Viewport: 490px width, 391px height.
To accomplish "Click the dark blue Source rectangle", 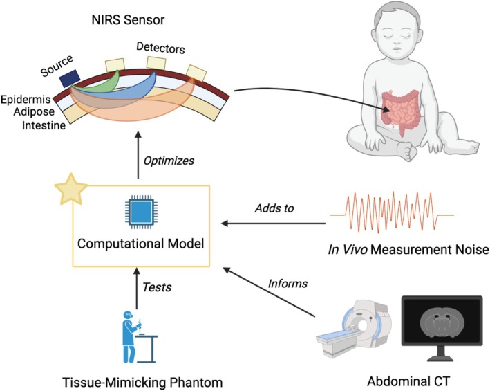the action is (x=70, y=78).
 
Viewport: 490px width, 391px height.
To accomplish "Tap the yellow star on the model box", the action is (x=71, y=190).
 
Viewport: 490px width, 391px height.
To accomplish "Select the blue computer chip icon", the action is (x=141, y=212).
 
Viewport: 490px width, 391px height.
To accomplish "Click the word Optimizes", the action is (x=169, y=161).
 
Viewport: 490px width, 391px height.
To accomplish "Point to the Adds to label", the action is (x=274, y=208).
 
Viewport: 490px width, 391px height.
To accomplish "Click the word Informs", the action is (x=288, y=284).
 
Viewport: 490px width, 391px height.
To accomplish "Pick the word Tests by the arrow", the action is (x=157, y=287).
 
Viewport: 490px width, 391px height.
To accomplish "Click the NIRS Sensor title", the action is (x=128, y=20).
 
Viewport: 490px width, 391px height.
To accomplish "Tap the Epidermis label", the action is (x=26, y=100).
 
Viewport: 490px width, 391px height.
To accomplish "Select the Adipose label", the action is (x=34, y=111).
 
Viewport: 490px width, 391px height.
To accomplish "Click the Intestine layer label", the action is (x=44, y=125).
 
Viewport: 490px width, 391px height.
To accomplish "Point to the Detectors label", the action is (x=160, y=48).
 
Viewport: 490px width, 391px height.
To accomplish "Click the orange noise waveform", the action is (x=392, y=212).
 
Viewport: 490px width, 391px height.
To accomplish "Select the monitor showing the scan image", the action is (x=442, y=327).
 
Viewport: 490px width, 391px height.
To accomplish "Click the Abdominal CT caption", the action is (x=408, y=381).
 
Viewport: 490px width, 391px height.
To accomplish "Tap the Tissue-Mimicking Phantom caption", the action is (x=142, y=383).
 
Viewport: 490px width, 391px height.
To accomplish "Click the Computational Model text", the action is (x=140, y=244).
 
